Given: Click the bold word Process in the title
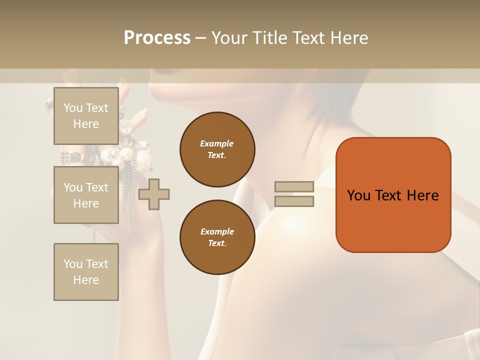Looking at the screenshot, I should click(x=157, y=38).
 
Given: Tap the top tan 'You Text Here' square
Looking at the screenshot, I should click(x=86, y=116).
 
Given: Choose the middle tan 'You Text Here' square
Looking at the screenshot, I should click(x=86, y=195).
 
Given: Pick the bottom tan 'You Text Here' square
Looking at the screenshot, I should click(x=86, y=271).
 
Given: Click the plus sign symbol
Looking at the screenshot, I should click(x=153, y=194).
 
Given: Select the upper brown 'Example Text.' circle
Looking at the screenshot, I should click(x=217, y=149).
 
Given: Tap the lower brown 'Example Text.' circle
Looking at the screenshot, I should click(x=217, y=237).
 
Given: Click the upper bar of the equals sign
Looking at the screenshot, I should click(x=294, y=187).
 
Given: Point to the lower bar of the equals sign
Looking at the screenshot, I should click(x=294, y=201).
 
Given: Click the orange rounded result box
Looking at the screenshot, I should click(x=393, y=220).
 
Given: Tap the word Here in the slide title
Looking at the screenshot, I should click(x=349, y=38).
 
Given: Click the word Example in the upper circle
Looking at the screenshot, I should click(x=217, y=143).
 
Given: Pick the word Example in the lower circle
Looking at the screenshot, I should click(x=217, y=231).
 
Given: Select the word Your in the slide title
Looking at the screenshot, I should click(x=230, y=38).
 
